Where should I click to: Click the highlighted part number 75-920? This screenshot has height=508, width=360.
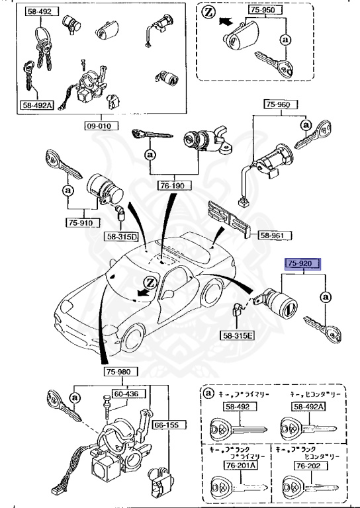coord(302,263)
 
